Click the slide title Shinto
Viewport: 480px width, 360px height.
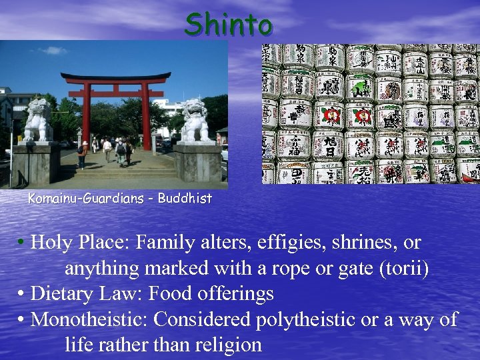tap(229, 25)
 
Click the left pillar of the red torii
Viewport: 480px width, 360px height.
tap(87, 116)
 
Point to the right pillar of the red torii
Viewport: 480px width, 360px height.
tap(146, 116)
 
